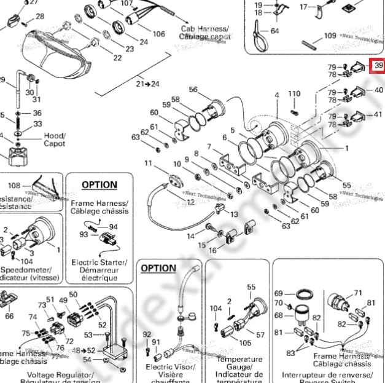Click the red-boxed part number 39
(378, 66)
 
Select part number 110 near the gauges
(295, 94)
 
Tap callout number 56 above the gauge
(193, 90)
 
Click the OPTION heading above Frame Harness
(99, 184)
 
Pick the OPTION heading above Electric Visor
(158, 268)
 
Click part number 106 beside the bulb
(158, 34)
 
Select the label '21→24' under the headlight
(147, 83)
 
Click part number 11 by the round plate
(148, 164)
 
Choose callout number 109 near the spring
(330, 36)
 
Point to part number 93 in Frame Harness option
(84, 234)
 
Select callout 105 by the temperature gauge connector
(245, 342)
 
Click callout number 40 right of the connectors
(378, 90)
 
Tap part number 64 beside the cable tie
(274, 31)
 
